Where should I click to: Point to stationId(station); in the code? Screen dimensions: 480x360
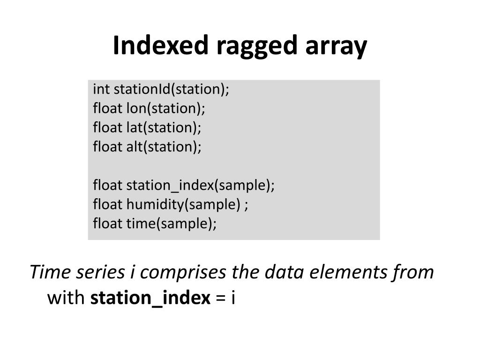coord(172,89)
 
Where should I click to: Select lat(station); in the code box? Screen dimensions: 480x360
coord(163,127)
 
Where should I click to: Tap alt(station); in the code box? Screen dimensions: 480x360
coord(164,147)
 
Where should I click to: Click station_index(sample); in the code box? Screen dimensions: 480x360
coord(201,185)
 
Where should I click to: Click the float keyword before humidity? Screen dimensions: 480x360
coord(107,204)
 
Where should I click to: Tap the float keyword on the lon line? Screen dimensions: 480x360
coord(107,108)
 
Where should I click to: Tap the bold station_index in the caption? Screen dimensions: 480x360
coord(150,298)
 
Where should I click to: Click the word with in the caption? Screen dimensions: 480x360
coord(66,298)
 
